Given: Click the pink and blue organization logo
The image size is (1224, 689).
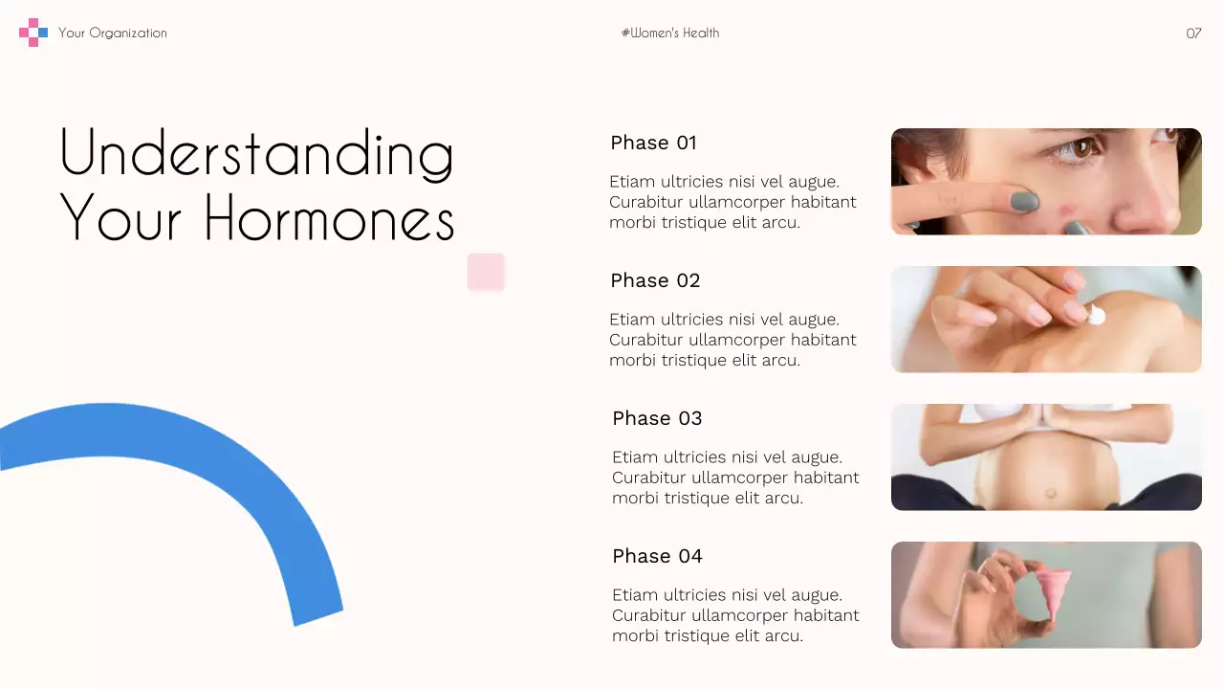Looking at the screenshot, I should click(33, 33).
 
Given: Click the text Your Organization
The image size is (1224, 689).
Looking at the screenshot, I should click(112, 33).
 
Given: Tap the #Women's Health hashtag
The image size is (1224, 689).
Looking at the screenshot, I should click(669, 33).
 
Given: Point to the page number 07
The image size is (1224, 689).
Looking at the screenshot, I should click(1193, 33).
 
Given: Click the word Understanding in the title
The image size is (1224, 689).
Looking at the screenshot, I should click(256, 153).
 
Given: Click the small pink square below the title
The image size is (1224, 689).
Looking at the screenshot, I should click(486, 272).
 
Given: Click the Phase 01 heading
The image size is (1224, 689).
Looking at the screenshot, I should click(653, 143).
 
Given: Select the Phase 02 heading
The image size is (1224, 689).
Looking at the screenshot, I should click(655, 280).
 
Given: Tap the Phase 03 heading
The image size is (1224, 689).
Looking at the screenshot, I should click(657, 418).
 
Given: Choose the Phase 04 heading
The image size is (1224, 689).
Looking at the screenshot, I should click(657, 556).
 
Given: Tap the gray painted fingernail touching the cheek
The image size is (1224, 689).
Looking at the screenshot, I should click(1024, 201).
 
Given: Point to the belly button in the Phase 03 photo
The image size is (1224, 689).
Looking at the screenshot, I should click(1050, 493).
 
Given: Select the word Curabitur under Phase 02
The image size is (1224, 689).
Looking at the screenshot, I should click(648, 340).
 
